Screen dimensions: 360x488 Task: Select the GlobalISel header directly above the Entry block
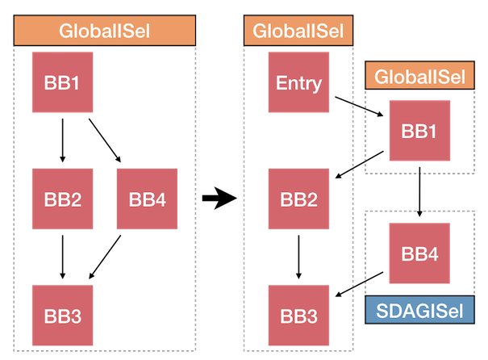pyautogui.click(x=298, y=31)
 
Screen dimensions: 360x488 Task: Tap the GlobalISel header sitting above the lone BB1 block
pyautogui.click(x=419, y=77)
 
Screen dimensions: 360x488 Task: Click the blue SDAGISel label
pyautogui.click(x=419, y=311)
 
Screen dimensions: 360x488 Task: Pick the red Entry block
pyautogui.click(x=298, y=82)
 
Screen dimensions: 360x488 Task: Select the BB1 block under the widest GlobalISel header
pyautogui.click(x=62, y=82)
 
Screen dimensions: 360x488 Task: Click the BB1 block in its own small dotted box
pyautogui.click(x=419, y=131)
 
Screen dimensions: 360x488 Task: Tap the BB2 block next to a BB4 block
pyautogui.click(x=62, y=199)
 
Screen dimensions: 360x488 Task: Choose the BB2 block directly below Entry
pyautogui.click(x=298, y=199)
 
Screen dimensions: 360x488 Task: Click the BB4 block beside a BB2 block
pyautogui.click(x=146, y=199)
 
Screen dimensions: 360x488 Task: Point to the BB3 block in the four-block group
pyautogui.click(x=62, y=316)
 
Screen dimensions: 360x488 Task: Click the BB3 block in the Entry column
pyautogui.click(x=298, y=316)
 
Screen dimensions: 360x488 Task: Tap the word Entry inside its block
pyautogui.click(x=298, y=82)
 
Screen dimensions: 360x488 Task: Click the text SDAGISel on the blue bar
pyautogui.click(x=419, y=311)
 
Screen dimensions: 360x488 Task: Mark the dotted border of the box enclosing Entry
pyautogui.click(x=244, y=202)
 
